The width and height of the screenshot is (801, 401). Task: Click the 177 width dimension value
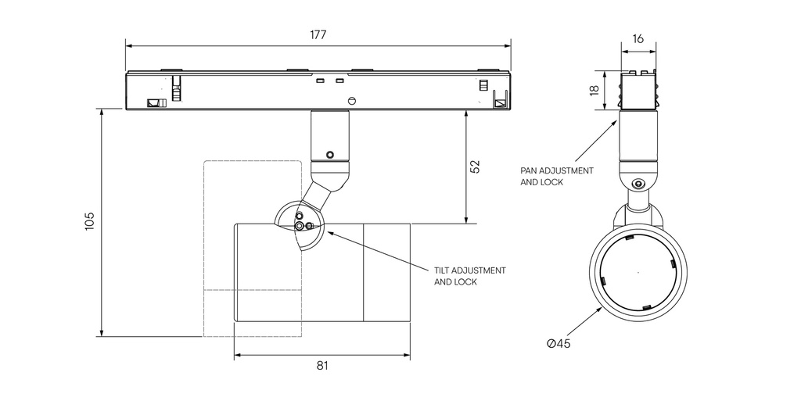coord(318,35)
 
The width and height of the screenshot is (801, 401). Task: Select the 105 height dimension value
coord(89,221)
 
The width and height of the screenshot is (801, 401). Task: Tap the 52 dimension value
coord(475,166)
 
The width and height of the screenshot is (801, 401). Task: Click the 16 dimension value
coord(638,38)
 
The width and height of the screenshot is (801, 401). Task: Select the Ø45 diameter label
coord(559,344)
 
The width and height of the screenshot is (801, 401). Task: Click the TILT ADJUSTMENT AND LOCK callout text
coord(469,276)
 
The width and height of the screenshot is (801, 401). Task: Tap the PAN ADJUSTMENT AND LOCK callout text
coord(556,176)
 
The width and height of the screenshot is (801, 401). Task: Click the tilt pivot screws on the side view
coord(302,224)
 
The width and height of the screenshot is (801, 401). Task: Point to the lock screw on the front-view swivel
coord(639,184)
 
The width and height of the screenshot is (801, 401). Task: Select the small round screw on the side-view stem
coord(330,154)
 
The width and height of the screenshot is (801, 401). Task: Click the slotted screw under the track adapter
coord(352,100)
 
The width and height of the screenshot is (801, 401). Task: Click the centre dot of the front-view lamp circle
coord(638,272)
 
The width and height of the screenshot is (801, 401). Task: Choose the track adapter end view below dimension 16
coord(638,91)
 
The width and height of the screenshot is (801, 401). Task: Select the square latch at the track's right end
coord(500,101)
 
